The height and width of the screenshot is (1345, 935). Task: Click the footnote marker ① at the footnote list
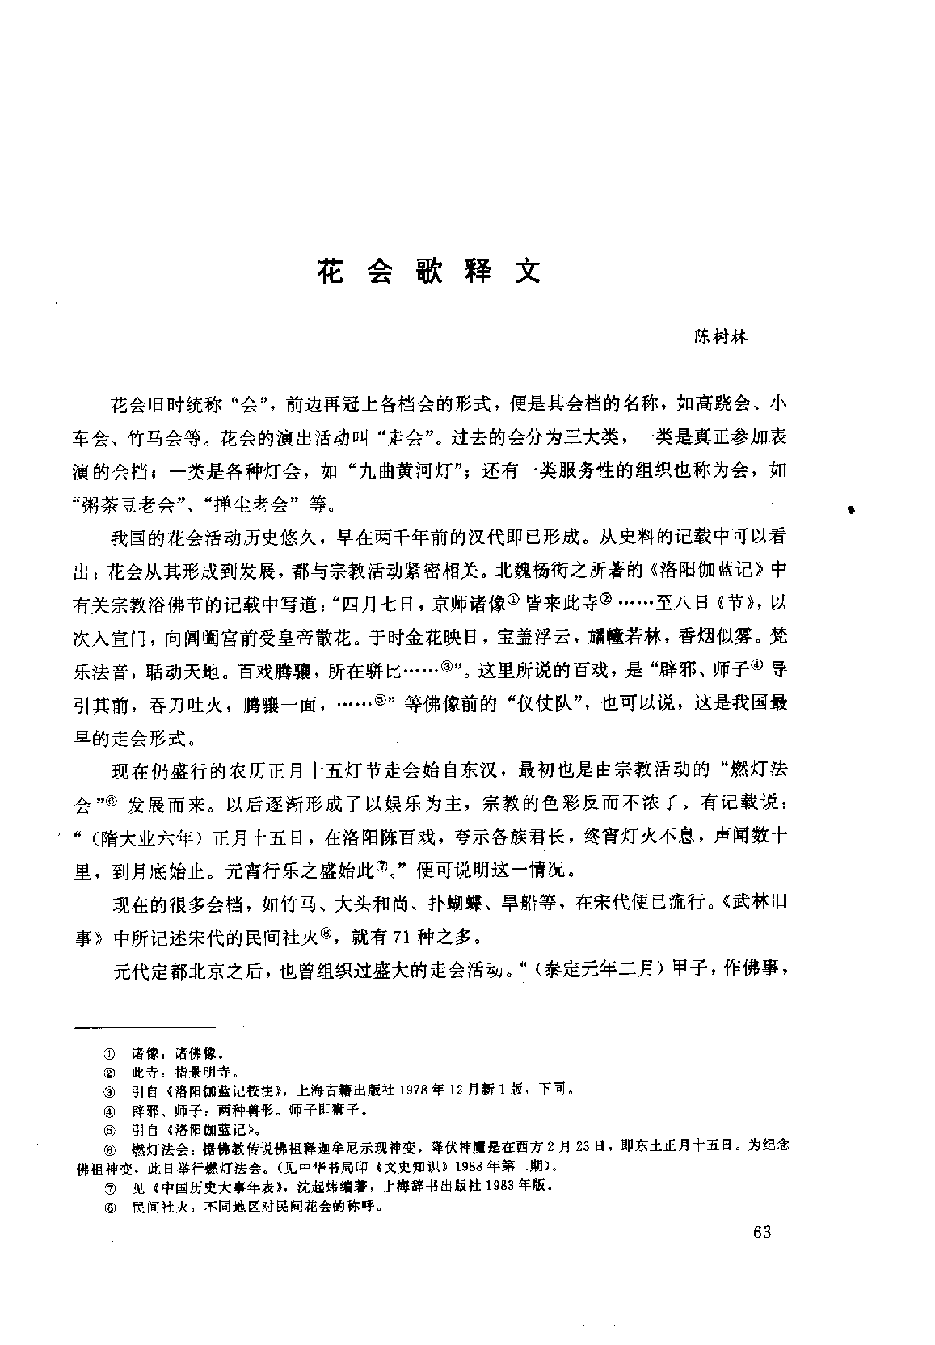pyautogui.click(x=108, y=1055)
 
